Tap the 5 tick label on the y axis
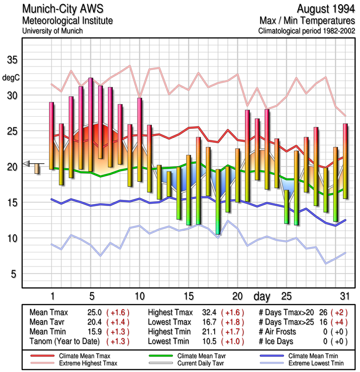point(13,274)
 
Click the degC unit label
point(11,77)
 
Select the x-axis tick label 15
point(188,296)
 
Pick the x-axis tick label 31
point(344,296)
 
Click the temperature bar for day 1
point(52,135)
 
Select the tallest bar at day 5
point(91,125)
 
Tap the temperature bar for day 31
point(345,161)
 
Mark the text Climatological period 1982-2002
point(307,32)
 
